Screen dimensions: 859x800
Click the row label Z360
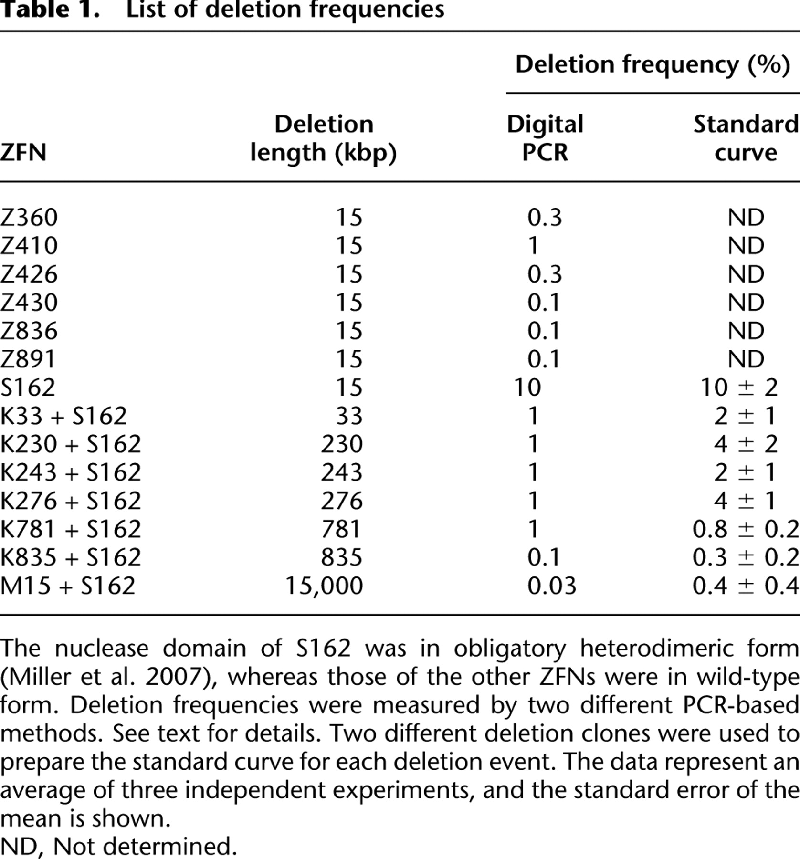click(29, 218)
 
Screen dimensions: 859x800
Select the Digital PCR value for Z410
click(533, 246)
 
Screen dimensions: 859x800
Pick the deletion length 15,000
click(324, 586)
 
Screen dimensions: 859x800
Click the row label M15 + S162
click(68, 586)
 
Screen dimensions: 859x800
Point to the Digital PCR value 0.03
click(551, 586)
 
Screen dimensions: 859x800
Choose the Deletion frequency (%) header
click(653, 64)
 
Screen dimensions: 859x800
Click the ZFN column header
click(23, 153)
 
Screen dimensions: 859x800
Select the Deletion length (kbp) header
click(324, 138)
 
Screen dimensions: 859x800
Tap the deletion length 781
click(341, 529)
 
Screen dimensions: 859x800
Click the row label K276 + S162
click(71, 501)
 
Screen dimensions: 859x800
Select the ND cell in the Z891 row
click(746, 359)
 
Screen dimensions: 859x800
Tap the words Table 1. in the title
click(50, 10)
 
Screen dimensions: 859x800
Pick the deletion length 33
click(349, 416)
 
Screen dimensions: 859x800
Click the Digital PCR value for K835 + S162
click(543, 557)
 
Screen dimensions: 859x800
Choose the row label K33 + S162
click(63, 416)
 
